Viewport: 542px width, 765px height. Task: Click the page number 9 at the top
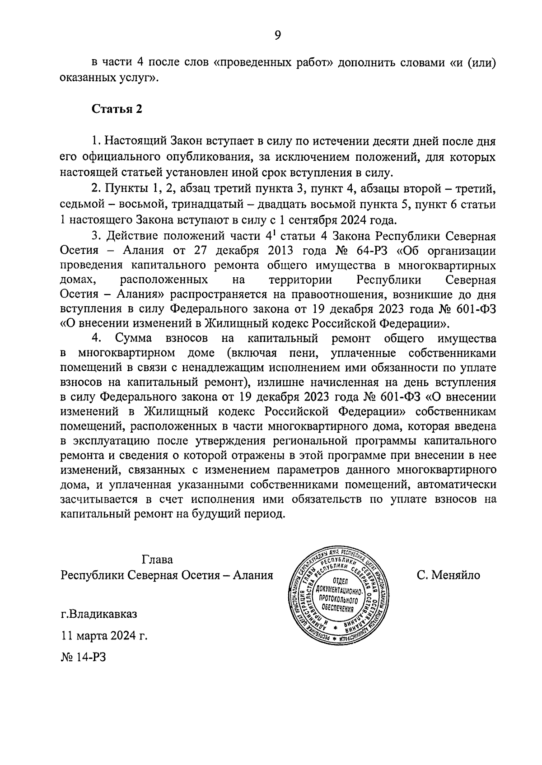point(277,35)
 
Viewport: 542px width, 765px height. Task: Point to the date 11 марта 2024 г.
point(104,636)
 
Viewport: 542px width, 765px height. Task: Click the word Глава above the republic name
point(157,560)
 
